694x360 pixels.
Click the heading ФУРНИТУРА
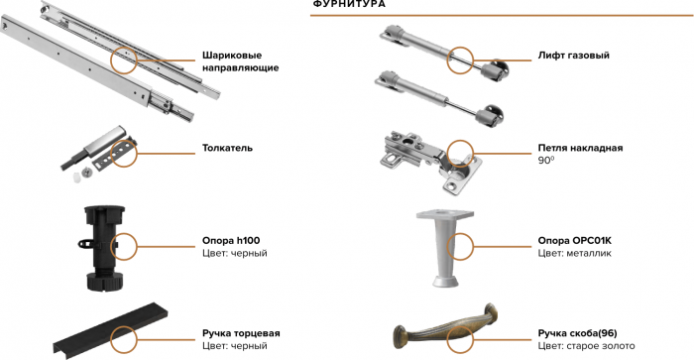pos(349,5)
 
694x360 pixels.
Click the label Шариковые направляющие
pos(239,61)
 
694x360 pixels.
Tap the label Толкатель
pos(227,148)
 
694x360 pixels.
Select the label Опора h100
pos(230,240)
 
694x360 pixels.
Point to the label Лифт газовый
pos(573,56)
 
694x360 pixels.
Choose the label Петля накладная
pos(580,148)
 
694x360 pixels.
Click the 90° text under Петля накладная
pos(544,161)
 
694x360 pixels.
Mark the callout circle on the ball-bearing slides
pos(126,60)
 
